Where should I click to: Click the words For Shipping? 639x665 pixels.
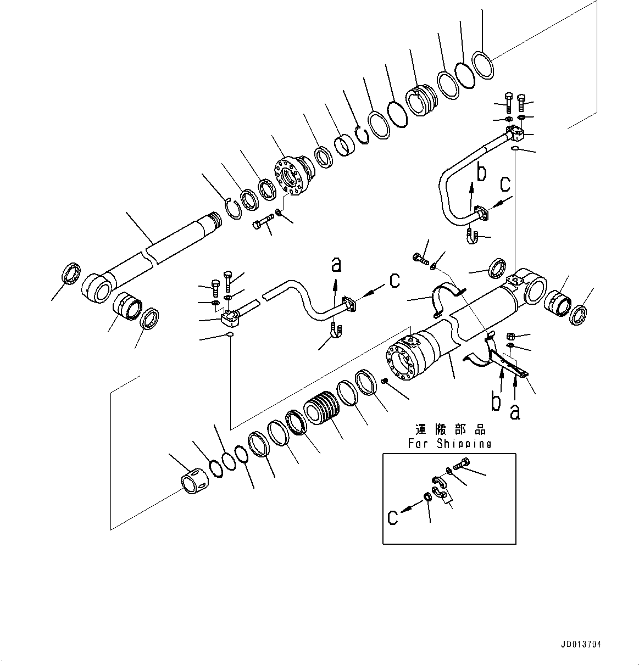(x=449, y=443)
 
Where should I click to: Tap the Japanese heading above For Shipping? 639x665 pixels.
(x=450, y=429)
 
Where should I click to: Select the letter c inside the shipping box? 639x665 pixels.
(x=392, y=517)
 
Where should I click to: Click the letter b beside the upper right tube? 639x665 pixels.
(x=481, y=173)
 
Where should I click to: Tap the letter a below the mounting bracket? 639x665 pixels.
(x=515, y=411)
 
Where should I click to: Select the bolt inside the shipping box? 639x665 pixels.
(x=460, y=464)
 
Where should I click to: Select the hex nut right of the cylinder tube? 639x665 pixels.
(x=509, y=336)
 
